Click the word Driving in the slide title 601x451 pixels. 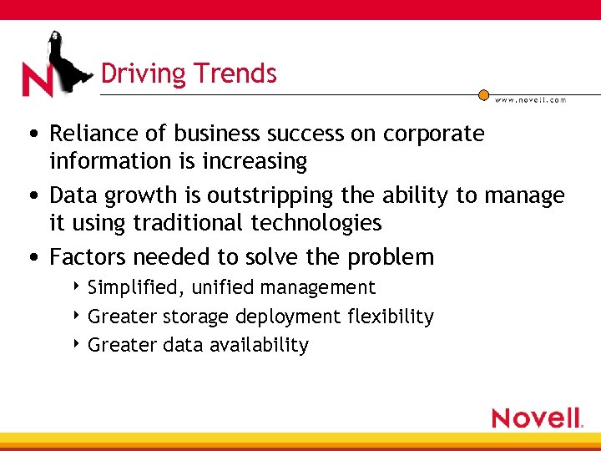point(139,73)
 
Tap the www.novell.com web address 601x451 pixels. point(530,99)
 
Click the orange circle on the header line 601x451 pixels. point(483,95)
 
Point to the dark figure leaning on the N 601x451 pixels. point(66,58)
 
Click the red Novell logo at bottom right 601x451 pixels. point(537,418)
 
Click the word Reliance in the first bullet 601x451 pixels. point(90,134)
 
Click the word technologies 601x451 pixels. point(334,222)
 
